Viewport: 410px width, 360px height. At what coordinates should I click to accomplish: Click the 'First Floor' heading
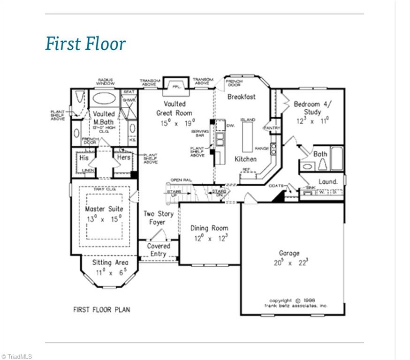pyautogui.click(x=85, y=44)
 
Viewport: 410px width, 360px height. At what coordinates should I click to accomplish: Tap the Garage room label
pyautogui.click(x=289, y=253)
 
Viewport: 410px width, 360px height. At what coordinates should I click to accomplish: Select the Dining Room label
pyautogui.click(x=209, y=228)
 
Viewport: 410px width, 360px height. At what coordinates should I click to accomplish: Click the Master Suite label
pyautogui.click(x=104, y=209)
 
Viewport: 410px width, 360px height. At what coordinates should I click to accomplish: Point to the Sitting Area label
pyautogui.click(x=110, y=262)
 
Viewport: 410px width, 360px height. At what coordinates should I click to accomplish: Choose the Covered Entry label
pyautogui.click(x=159, y=250)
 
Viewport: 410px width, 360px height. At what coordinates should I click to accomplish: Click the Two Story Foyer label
pyautogui.click(x=158, y=217)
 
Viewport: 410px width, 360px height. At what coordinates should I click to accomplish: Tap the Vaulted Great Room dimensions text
pyautogui.click(x=174, y=123)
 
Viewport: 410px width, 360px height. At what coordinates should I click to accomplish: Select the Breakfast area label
pyautogui.click(x=242, y=97)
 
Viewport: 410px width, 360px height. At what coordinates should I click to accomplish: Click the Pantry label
pyautogui.click(x=272, y=128)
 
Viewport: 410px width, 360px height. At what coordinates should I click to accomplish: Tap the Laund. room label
pyautogui.click(x=328, y=181)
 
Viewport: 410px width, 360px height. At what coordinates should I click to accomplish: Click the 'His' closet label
pyautogui.click(x=84, y=158)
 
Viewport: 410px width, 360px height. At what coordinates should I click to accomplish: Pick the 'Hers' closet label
pyautogui.click(x=123, y=158)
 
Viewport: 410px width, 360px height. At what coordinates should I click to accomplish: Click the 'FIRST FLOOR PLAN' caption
pyautogui.click(x=101, y=309)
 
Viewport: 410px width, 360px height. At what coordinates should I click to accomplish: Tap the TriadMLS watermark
pyautogui.click(x=17, y=356)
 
